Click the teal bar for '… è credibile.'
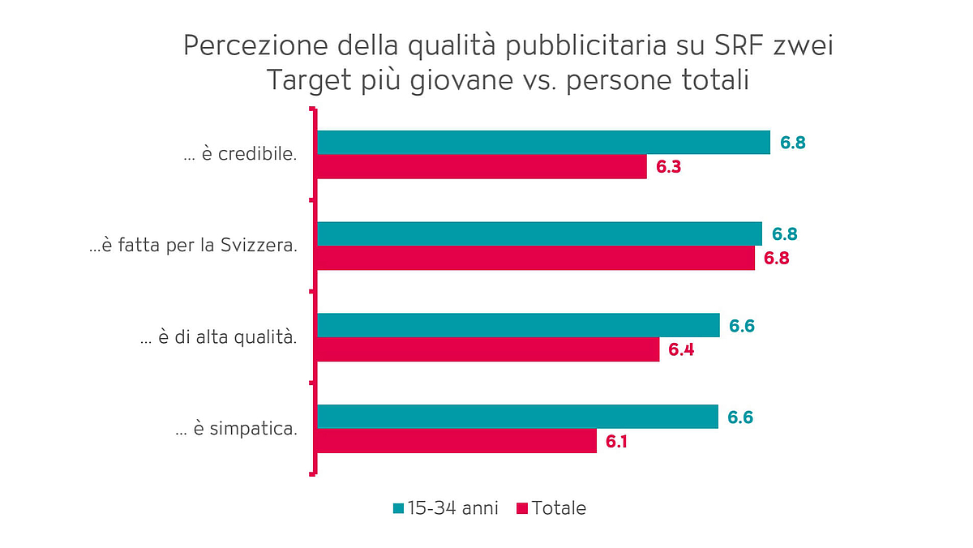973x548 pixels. click(x=542, y=142)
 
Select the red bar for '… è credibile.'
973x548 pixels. click(x=481, y=167)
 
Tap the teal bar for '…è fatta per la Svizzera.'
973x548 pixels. click(x=538, y=233)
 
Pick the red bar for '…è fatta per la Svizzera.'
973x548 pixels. click(x=535, y=259)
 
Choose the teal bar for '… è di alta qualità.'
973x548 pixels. click(x=517, y=325)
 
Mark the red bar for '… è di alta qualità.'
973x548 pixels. click(x=487, y=349)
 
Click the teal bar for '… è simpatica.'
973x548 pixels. click(x=517, y=417)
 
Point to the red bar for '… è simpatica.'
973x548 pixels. click(x=456, y=441)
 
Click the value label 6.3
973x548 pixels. click(x=668, y=167)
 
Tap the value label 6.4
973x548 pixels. click(x=681, y=350)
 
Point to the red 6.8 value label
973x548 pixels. click(x=776, y=259)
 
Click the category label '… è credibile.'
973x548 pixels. click(x=240, y=155)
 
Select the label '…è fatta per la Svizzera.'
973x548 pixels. click(x=193, y=246)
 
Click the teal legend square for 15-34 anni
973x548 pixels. click(x=397, y=508)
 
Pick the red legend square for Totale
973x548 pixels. click(x=521, y=508)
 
